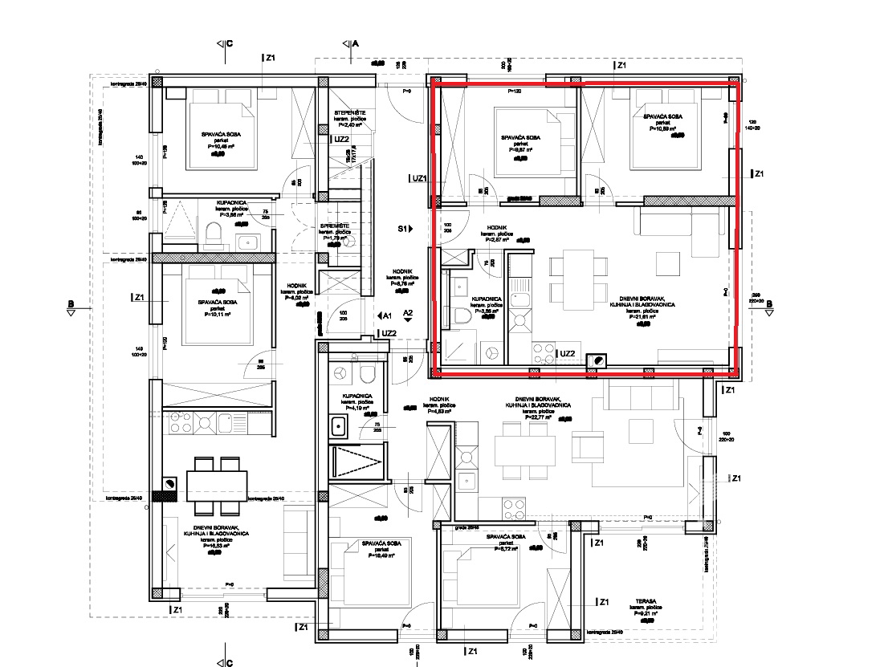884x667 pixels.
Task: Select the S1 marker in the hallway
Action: tap(404, 229)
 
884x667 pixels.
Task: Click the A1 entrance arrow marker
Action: tap(384, 315)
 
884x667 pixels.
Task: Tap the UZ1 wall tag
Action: tap(418, 178)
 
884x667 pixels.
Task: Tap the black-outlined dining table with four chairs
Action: tap(216, 485)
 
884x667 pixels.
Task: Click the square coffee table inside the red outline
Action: tap(666, 262)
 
